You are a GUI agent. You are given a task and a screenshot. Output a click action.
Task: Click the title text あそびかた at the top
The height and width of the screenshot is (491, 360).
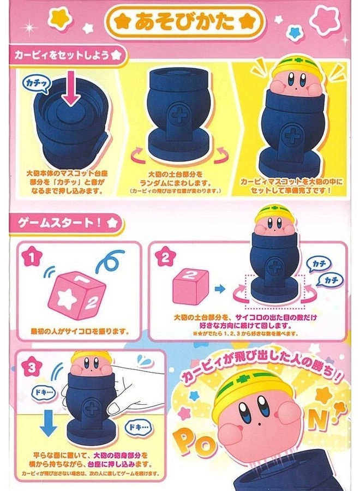[181, 23]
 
